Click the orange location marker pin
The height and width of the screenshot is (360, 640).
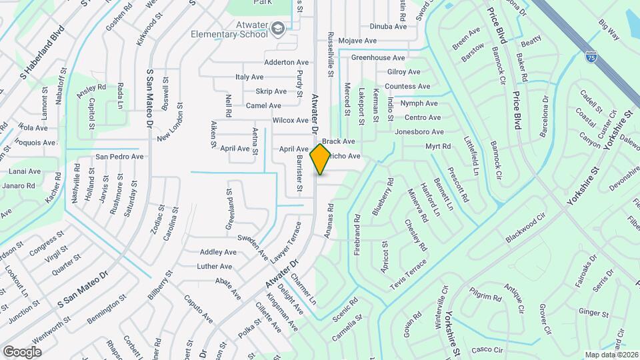click(x=321, y=159)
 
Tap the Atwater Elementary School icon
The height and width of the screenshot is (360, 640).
click(x=278, y=27)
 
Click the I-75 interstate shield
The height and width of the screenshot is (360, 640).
click(x=591, y=58)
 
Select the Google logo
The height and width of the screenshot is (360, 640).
click(x=22, y=351)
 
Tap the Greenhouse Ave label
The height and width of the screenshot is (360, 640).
click(x=378, y=58)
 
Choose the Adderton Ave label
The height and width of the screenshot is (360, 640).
click(x=287, y=62)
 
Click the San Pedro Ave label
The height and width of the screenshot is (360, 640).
click(x=119, y=157)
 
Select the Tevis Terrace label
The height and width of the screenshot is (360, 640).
click(x=408, y=274)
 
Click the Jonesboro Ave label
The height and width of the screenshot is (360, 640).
click(x=419, y=132)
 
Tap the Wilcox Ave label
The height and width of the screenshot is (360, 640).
click(x=291, y=121)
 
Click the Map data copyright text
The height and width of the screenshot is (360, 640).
click(x=611, y=355)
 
